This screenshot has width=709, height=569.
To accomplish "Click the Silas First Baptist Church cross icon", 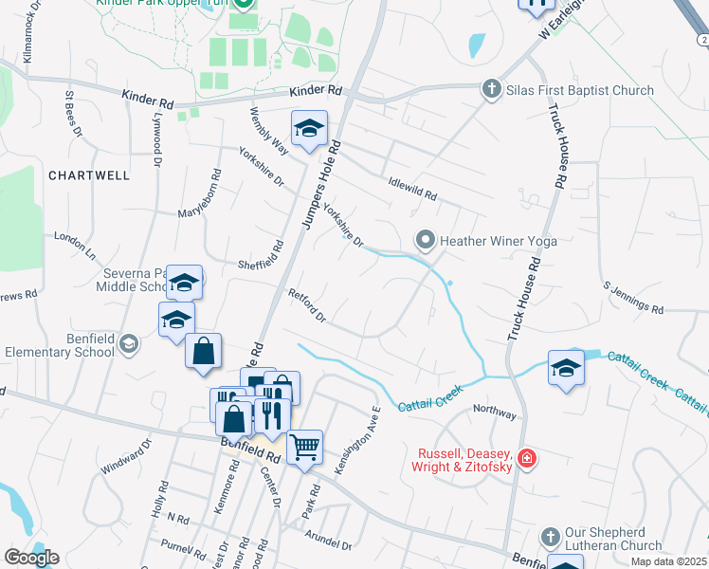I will (491, 90).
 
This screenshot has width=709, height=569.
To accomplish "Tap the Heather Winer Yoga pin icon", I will (426, 241).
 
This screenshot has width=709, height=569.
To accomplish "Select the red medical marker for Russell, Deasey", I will (527, 461).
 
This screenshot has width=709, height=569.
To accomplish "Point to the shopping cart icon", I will (304, 445).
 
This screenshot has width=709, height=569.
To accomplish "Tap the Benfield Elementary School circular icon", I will (129, 345).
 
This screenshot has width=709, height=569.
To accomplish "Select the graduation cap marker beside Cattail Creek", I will (566, 367).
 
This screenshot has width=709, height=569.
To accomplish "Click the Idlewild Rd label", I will (412, 189).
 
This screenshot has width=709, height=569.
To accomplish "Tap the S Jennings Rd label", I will (632, 297).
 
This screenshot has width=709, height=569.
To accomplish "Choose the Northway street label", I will (495, 413).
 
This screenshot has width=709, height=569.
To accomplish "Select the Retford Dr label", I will (307, 305).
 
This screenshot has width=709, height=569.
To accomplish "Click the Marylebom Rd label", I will (199, 195).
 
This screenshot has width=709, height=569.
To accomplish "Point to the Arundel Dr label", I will (328, 540).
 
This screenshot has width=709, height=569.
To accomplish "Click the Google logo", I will (31, 557).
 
